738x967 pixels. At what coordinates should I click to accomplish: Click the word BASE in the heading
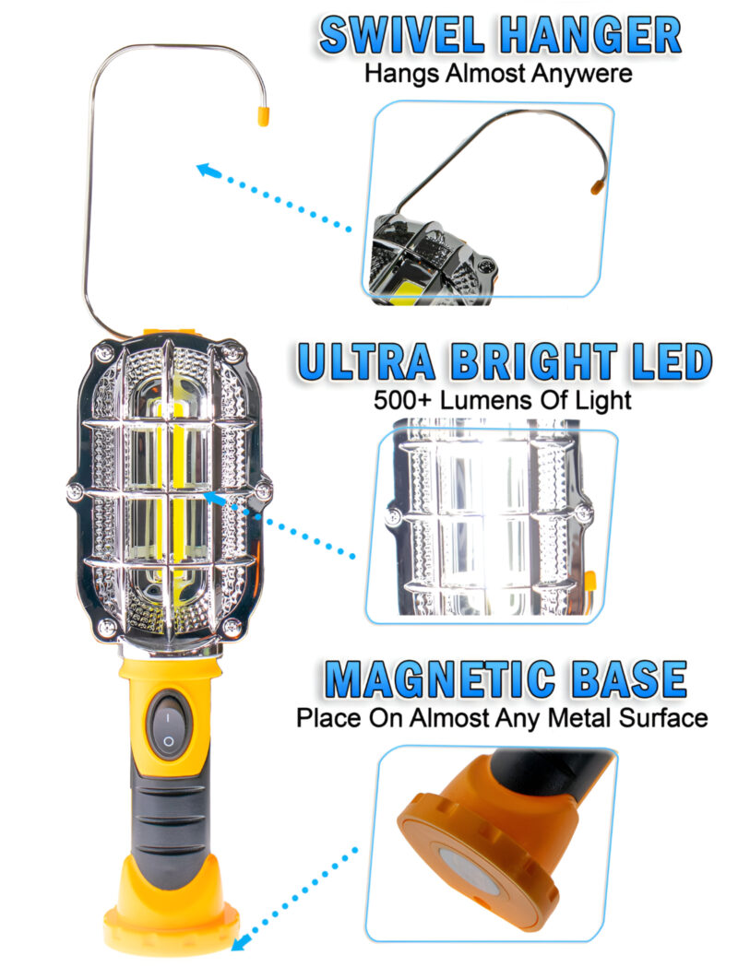[630, 680]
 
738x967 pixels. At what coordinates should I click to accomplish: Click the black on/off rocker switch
[168, 726]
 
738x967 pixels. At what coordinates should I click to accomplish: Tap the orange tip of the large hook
[262, 115]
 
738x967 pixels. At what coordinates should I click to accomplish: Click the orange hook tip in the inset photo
[597, 187]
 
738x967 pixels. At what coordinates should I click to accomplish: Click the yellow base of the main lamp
[172, 913]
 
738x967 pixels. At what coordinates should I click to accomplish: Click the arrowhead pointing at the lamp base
[239, 942]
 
